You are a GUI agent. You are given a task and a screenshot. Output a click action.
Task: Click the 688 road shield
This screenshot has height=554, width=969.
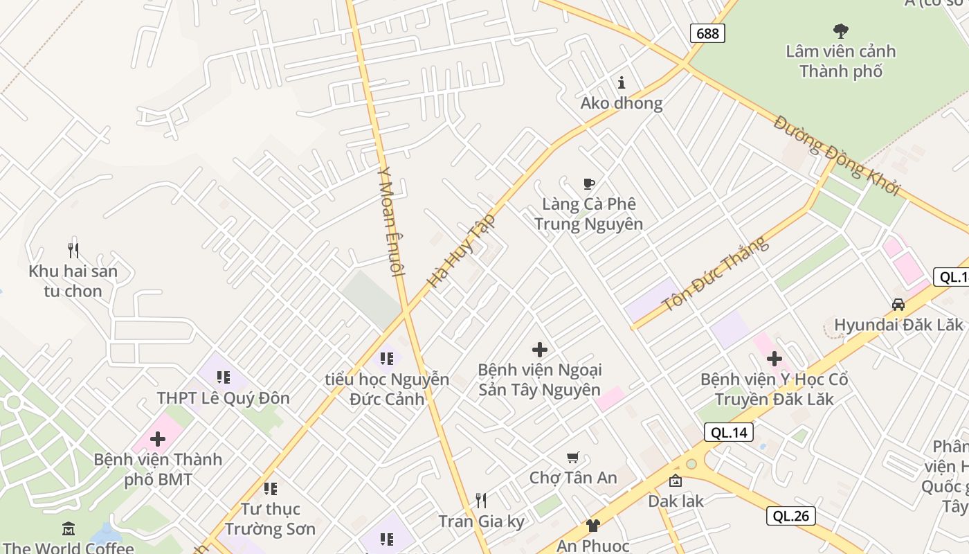click(707, 33)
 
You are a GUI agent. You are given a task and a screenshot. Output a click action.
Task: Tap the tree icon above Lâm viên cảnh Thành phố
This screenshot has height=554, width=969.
click(841, 30)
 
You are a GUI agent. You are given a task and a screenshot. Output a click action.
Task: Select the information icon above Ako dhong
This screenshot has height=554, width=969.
click(622, 83)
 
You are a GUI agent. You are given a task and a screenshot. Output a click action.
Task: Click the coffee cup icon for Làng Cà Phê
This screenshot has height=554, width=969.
click(588, 184)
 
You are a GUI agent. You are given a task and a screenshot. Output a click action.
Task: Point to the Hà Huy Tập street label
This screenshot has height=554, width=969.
click(461, 251)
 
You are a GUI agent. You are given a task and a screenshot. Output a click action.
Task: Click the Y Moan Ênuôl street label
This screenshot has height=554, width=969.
click(390, 222)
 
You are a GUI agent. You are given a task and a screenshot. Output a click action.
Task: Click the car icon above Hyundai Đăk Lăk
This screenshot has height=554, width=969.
click(898, 305)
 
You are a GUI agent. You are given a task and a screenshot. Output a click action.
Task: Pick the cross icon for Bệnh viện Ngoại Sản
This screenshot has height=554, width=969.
click(540, 350)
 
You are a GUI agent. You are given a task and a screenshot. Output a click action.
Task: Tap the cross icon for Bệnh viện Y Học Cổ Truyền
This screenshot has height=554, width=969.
click(774, 359)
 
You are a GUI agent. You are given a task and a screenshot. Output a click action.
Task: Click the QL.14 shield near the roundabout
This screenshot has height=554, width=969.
click(729, 433)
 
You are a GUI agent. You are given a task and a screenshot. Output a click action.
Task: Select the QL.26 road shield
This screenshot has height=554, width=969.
click(790, 516)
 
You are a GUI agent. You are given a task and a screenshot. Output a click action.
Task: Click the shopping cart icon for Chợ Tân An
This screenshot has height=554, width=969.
click(572, 458)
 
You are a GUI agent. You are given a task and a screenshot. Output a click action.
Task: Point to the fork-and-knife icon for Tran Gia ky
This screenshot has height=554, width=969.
click(481, 501)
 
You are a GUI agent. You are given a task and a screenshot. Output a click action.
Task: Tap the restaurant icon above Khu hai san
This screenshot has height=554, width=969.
click(73, 250)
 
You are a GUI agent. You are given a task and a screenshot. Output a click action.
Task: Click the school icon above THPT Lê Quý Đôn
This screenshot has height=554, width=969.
click(223, 377)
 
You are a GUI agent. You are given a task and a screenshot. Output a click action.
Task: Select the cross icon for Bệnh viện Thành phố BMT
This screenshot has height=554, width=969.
click(158, 439)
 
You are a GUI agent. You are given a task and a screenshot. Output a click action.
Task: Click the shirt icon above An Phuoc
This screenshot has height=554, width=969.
click(592, 526)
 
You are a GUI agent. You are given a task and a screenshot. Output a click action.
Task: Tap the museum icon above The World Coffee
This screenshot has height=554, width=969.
click(69, 529)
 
